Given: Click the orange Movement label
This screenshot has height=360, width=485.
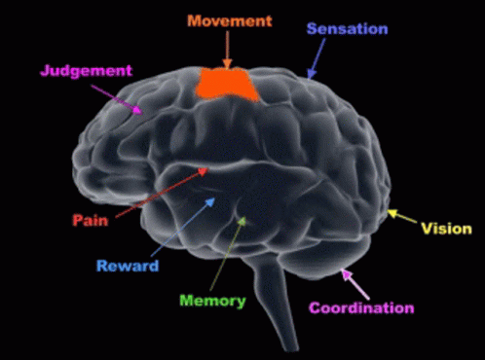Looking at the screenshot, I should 230,20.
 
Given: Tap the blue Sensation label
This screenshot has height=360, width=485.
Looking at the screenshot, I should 347,29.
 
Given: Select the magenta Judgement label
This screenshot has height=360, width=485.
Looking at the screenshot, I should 86,71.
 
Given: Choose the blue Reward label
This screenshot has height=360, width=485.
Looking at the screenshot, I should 127,266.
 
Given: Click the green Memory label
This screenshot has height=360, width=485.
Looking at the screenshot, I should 212,301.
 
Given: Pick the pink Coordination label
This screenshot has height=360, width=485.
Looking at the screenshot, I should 361,308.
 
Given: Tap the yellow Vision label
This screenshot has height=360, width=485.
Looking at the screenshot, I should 446,230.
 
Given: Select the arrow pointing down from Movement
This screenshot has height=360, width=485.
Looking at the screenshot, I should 227,49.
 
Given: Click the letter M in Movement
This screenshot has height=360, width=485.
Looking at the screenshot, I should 194,20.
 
